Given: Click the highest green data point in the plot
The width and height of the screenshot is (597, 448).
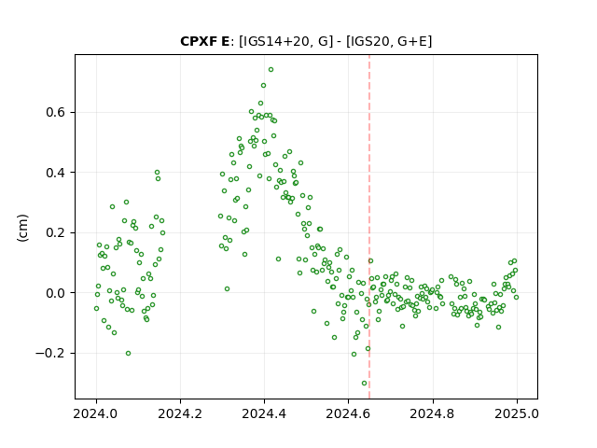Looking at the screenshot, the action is click(x=271, y=70).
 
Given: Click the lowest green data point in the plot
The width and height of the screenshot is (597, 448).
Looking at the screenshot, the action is click(x=364, y=384).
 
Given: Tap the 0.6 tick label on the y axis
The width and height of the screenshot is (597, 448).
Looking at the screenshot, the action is click(x=56, y=112).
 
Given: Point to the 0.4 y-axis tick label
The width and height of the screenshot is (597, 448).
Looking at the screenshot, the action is click(x=56, y=173).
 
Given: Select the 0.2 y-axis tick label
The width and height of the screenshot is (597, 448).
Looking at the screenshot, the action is click(x=56, y=232).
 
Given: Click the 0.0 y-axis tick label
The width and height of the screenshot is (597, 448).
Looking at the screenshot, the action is click(x=56, y=293).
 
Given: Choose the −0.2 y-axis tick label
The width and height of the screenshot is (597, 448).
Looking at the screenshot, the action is click(x=50, y=353).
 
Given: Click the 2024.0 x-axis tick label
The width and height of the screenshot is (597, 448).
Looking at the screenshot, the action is click(x=97, y=413).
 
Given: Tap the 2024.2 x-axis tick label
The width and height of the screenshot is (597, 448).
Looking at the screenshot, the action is click(x=180, y=413).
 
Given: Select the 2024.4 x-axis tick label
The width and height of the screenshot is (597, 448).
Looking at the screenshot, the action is click(x=264, y=413).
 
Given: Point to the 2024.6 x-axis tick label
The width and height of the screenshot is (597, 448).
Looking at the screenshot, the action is click(x=348, y=413).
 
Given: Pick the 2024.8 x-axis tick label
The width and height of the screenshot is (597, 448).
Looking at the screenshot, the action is click(x=433, y=413).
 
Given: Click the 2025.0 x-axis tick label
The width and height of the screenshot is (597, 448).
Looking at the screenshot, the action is click(x=517, y=413).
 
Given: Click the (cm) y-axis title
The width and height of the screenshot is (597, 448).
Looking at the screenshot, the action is click(x=22, y=228).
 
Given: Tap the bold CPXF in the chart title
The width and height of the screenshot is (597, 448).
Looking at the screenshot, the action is click(x=198, y=41).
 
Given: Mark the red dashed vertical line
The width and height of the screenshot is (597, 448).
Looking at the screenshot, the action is click(x=369, y=227).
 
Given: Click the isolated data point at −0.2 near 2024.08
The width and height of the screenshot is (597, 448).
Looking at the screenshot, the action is click(x=129, y=353).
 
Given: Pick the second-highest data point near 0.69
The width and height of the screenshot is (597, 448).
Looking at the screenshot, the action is click(x=263, y=86).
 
